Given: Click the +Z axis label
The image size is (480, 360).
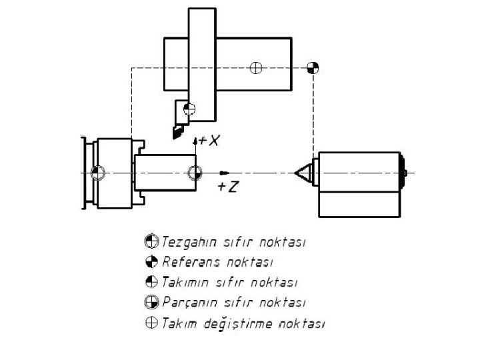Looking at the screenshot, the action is tap(227, 187).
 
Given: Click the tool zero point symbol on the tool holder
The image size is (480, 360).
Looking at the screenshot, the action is tap(190, 108).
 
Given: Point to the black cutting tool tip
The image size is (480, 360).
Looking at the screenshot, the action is tap(177, 133).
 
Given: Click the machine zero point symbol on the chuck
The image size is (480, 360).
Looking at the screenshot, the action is tap(98, 173).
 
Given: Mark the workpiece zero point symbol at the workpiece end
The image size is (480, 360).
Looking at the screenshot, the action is tap(195, 173).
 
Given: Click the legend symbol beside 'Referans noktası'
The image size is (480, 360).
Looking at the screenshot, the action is tap(151, 261).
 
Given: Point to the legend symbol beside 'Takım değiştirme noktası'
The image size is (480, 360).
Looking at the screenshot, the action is tap(151, 324).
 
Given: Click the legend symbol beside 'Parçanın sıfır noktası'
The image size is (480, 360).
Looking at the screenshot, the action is tap(151, 303).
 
